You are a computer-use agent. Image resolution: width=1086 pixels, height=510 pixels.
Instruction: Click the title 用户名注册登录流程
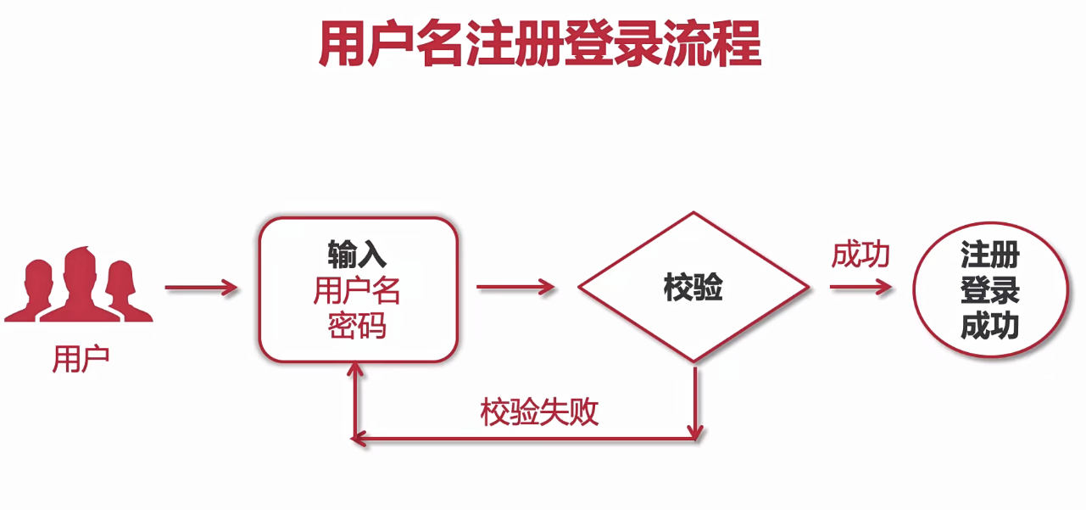[x=540, y=44]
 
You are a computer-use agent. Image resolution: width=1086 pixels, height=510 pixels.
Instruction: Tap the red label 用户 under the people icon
[x=81, y=360]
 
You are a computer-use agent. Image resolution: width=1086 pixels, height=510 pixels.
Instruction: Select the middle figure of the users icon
[x=80, y=284]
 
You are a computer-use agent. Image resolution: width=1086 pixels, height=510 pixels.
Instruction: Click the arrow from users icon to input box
[x=202, y=289]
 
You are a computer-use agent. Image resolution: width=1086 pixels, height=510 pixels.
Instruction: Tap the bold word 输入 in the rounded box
[x=357, y=254]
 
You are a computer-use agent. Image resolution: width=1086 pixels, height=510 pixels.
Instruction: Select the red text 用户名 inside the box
[x=357, y=291]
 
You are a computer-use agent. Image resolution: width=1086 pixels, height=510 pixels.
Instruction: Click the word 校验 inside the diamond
[x=693, y=289]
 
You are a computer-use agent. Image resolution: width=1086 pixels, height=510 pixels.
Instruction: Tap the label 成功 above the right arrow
[x=860, y=255]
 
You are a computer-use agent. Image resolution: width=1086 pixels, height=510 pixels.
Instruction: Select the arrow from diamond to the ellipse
[x=860, y=288]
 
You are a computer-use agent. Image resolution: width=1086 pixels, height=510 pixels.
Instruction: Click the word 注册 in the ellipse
[x=989, y=255]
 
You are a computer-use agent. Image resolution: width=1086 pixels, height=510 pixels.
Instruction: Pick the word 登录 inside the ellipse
[x=989, y=290]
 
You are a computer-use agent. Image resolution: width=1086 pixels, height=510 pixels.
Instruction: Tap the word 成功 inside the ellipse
[x=989, y=327]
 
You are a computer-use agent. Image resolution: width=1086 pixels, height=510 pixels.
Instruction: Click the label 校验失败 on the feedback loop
[x=540, y=412]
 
